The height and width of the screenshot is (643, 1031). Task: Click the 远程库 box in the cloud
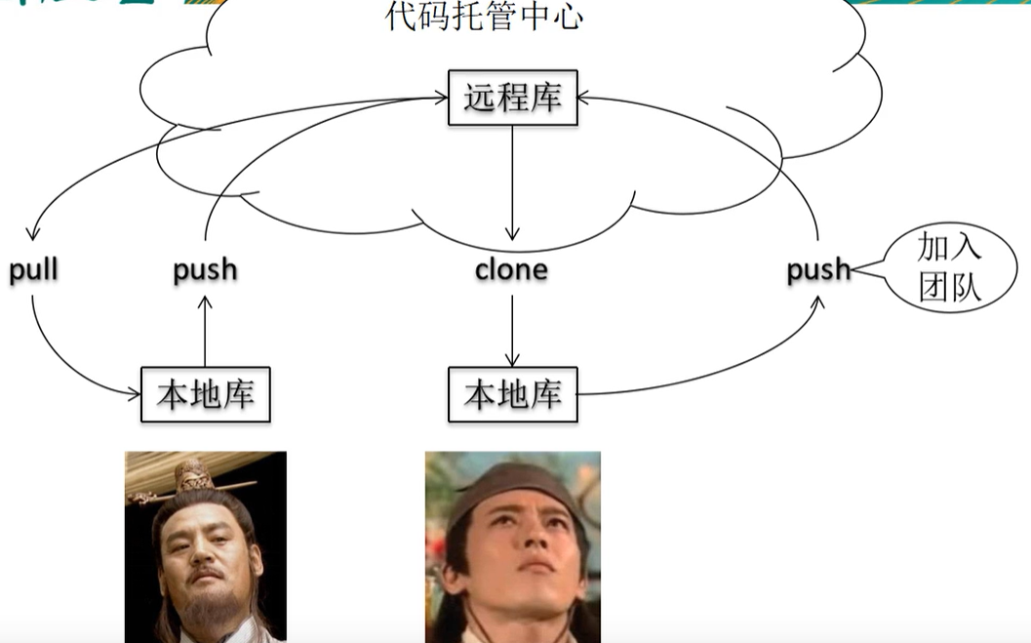pos(512,98)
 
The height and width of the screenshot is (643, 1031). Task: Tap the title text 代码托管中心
pos(484,17)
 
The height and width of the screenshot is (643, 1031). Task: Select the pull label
pos(34,270)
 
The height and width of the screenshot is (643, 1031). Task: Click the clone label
pos(511,269)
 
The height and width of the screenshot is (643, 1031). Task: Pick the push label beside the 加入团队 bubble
pos(817,270)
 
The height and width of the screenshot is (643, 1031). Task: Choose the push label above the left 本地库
pos(205,270)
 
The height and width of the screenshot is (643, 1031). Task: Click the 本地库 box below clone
pos(512,394)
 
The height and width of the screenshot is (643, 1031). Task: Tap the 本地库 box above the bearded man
pos(205,394)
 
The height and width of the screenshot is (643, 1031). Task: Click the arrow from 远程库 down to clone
pos(512,185)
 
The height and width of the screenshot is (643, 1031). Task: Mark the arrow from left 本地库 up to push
pos(205,332)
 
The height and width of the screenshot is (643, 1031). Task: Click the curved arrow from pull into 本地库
pos(68,367)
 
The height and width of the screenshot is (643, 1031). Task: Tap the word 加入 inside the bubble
pos(948,248)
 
